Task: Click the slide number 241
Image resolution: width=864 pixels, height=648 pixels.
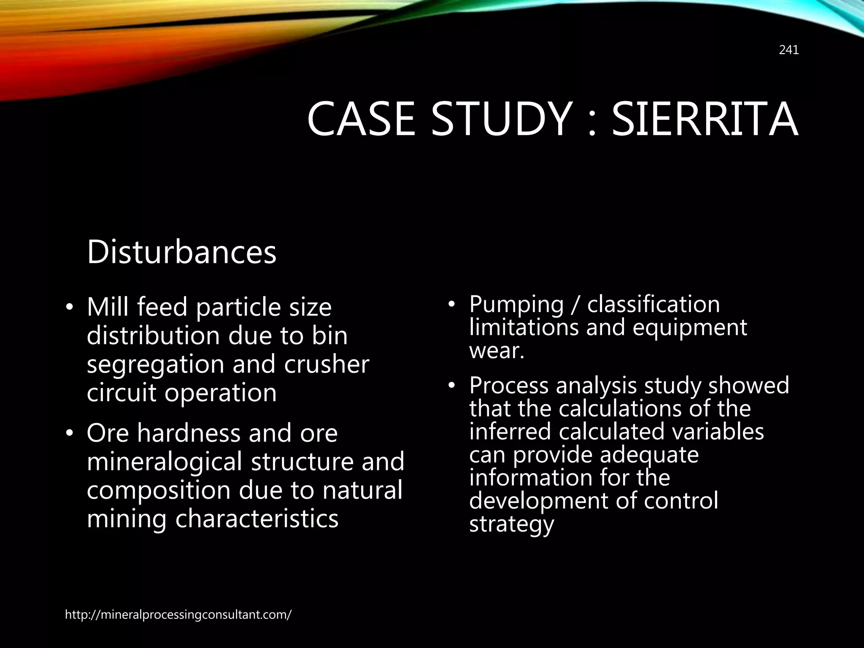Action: click(x=788, y=50)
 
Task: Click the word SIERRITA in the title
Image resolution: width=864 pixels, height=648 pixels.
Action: click(x=704, y=119)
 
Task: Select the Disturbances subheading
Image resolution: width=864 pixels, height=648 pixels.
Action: click(x=181, y=252)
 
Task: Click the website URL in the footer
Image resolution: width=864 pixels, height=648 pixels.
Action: click(x=178, y=615)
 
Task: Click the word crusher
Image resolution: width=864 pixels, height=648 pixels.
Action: click(x=326, y=364)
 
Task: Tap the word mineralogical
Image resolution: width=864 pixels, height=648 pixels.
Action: click(x=164, y=462)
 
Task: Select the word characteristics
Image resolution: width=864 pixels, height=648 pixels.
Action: click(x=257, y=518)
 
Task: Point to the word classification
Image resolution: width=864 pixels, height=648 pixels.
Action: click(x=653, y=304)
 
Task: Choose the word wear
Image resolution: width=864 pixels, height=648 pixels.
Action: click(x=497, y=351)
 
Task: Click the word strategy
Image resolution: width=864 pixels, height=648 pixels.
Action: click(x=511, y=524)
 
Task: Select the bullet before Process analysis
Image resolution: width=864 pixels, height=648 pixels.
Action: click(x=452, y=386)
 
